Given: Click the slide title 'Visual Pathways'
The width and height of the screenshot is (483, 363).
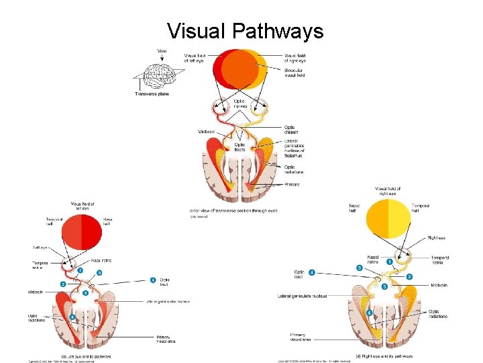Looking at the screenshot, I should [245, 31].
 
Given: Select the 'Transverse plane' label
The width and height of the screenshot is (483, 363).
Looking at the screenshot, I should [152, 94].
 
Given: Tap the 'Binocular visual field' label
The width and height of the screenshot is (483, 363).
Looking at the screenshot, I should [294, 73].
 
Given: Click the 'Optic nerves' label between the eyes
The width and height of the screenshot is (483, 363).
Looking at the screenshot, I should [239, 104].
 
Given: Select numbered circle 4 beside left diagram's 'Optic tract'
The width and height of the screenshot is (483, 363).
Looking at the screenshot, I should [153, 280].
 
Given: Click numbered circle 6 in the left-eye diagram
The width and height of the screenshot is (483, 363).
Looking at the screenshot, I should [72, 317].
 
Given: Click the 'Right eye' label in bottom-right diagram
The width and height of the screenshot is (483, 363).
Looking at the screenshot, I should [436, 238].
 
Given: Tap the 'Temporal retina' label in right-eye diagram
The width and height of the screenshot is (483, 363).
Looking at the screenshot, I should [440, 259].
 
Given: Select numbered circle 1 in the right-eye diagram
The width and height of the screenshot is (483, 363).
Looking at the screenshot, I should [390, 261].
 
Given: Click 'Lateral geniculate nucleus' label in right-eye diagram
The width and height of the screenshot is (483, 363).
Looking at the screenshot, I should [302, 296].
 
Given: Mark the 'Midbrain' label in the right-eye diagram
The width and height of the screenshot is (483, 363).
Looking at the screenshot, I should [439, 285].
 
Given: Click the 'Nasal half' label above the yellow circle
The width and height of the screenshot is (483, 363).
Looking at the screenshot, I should [355, 208].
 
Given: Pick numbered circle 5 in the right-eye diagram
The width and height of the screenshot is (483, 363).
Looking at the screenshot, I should [384, 286].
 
